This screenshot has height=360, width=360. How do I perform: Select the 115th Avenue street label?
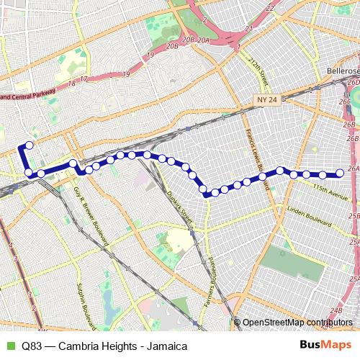(x=330, y=189)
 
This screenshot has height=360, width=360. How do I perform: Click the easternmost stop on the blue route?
(x=340, y=174)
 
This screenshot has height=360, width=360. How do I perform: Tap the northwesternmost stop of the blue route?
(x=30, y=145)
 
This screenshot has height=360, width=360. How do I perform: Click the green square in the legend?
(x=10, y=346)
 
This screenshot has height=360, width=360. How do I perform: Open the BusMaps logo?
(x=326, y=346)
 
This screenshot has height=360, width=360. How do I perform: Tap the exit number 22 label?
(x=270, y=8)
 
